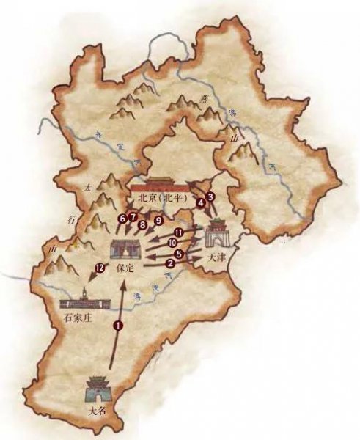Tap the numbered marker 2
click(170, 262)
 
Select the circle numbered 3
click(210, 197)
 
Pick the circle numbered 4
click(200, 204)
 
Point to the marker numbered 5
click(179, 254)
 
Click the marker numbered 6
click(122, 218)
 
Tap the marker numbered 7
click(133, 218)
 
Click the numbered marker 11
click(179, 232)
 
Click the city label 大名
click(97, 411)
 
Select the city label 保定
click(126, 268)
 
